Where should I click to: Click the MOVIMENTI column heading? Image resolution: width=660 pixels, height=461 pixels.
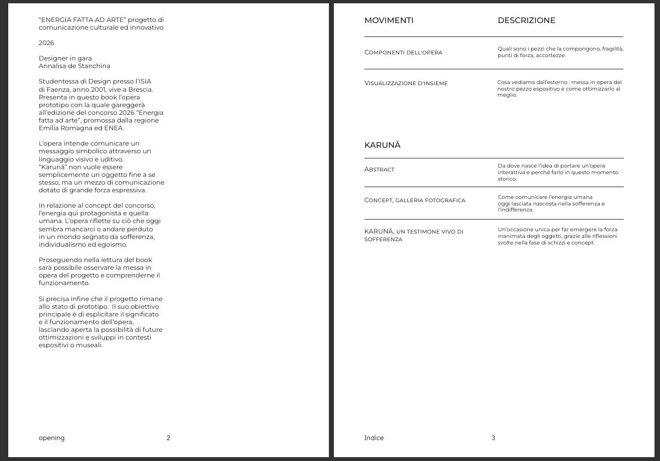(389, 20)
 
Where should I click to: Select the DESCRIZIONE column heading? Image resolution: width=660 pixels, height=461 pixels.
(526, 20)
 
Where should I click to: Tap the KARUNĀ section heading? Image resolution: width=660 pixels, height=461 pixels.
(382, 145)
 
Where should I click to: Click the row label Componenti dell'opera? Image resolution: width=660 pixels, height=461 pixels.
(403, 53)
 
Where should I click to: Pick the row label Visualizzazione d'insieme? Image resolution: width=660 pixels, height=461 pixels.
(406, 84)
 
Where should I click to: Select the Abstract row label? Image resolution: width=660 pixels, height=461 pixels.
(379, 170)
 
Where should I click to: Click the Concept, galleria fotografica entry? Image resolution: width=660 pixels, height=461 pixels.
(415, 201)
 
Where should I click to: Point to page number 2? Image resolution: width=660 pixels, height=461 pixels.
(168, 438)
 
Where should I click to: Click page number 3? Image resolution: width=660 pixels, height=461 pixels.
(493, 438)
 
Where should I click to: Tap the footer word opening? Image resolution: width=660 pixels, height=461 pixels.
(52, 438)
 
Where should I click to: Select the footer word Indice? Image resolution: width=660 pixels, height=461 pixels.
(374, 438)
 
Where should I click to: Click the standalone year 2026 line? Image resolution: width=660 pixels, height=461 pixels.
(46, 43)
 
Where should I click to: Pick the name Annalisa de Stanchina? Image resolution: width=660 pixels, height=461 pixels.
(74, 66)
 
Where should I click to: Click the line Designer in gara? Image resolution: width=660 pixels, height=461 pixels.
(65, 58)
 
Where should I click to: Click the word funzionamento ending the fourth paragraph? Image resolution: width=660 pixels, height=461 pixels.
(63, 283)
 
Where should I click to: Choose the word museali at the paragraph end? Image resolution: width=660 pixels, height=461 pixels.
(90, 345)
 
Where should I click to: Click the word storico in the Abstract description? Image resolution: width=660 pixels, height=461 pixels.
(507, 179)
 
